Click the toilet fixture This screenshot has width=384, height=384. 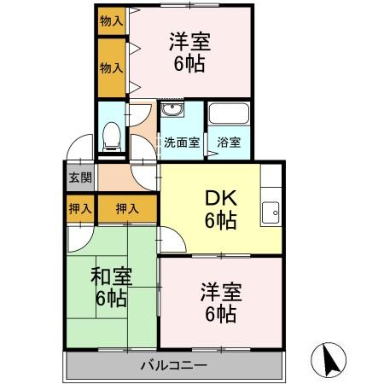tap(111, 137)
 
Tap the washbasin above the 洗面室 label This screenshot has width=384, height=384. tap(171, 114)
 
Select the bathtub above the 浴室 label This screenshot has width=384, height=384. tap(228, 115)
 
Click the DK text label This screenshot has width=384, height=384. tap(220, 199)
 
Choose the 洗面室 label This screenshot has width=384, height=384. tap(182, 143)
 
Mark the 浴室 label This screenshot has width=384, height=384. tap(228, 143)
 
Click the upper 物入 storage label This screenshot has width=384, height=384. tap(110, 19)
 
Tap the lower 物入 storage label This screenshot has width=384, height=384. tap(110, 66)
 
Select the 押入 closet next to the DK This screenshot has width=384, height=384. tap(127, 207)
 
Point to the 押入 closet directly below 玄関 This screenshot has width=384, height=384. tap(80, 207)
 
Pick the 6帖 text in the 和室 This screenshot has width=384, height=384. tap(111, 299)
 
